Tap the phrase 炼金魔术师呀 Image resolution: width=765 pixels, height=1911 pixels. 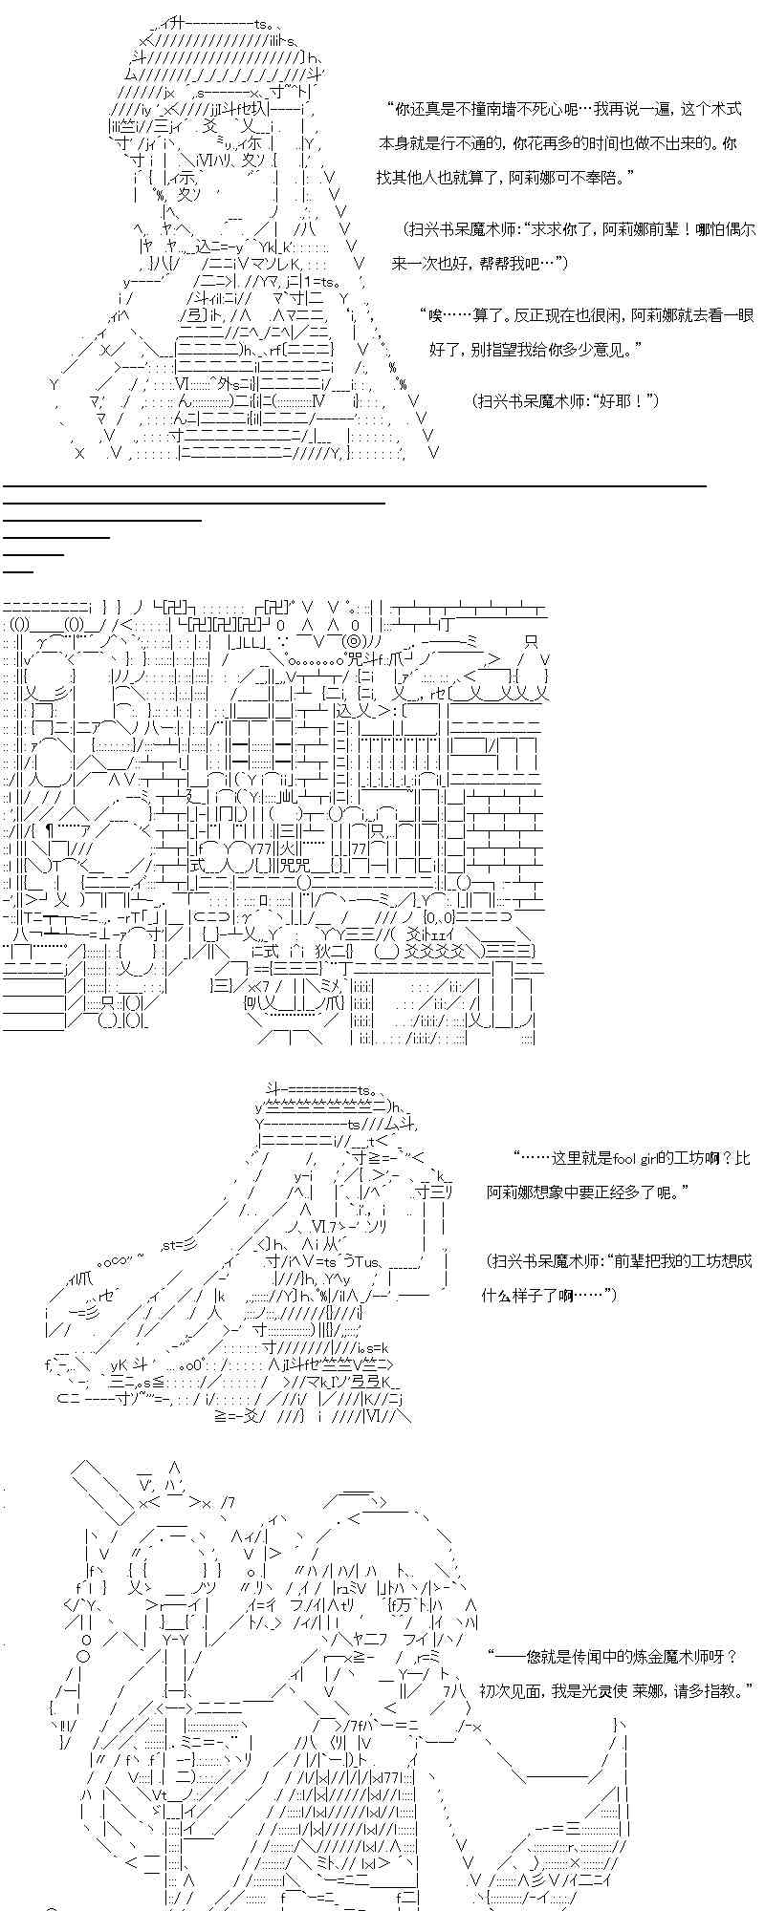tap(698, 1658)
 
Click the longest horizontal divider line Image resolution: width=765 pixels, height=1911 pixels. tap(354, 485)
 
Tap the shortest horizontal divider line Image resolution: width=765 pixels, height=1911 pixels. tap(18, 570)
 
